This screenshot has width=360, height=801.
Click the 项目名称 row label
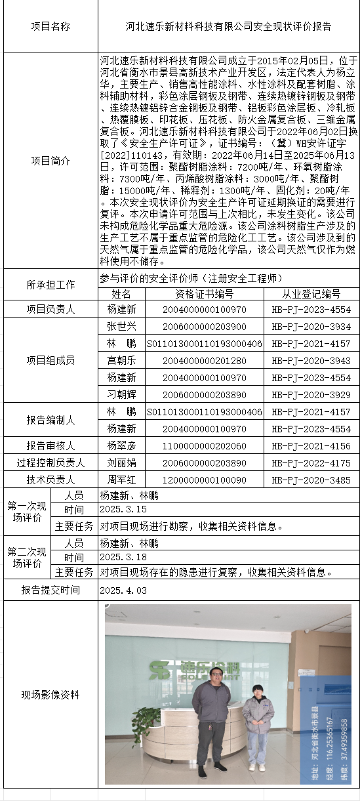tap(50, 26)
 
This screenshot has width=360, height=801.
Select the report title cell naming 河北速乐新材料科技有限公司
tap(228, 26)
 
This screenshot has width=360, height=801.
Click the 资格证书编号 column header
tap(205, 294)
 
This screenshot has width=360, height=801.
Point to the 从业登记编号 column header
tap(311, 294)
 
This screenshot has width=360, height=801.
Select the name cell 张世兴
tap(121, 326)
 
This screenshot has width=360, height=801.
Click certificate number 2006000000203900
tap(205, 327)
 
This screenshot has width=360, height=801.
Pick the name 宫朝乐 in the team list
tap(121, 361)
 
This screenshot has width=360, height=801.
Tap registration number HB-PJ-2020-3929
tap(311, 395)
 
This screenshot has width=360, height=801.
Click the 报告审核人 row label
tap(50, 445)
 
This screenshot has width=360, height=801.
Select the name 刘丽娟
tap(121, 462)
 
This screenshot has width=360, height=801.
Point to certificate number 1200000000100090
tap(205, 480)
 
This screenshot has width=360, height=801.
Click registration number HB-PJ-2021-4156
tap(311, 446)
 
